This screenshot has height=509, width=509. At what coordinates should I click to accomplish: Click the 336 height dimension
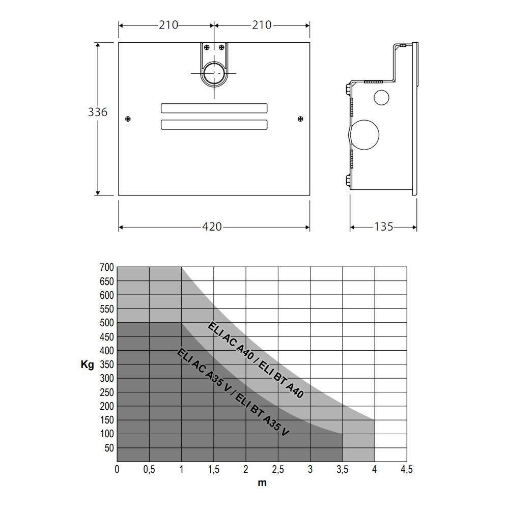click(97, 112)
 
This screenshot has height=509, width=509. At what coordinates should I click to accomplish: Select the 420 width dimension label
click(212, 227)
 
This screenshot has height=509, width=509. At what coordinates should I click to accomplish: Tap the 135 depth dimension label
click(384, 227)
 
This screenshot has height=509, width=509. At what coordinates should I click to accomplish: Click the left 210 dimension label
click(168, 25)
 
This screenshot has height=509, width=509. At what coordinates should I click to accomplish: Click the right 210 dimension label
click(262, 25)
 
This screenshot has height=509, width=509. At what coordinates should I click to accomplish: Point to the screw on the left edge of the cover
click(128, 119)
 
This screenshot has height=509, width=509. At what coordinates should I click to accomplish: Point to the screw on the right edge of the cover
click(301, 119)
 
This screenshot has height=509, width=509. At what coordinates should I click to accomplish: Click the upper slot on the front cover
click(214, 108)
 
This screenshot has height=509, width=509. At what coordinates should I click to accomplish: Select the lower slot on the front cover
click(214, 125)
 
